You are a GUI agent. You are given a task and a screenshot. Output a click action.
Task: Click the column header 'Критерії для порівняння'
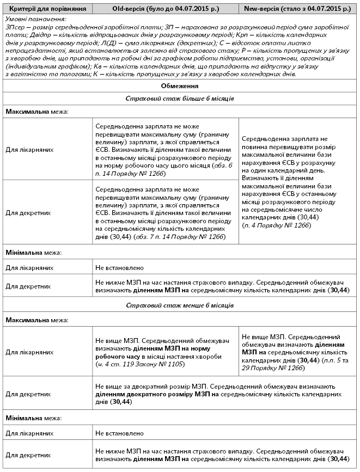(x=46, y=9)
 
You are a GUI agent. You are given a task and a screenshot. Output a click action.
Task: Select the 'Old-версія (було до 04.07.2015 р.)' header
(x=166, y=9)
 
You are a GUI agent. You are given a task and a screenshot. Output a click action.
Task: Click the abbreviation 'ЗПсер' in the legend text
(x=13, y=26)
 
